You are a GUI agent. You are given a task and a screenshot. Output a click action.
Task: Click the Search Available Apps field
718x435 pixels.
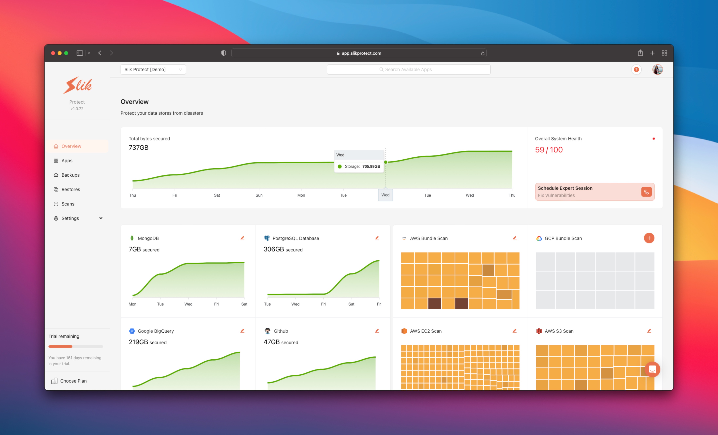[x=408, y=69]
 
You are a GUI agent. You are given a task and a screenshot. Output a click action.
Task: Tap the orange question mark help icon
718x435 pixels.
[x=636, y=69]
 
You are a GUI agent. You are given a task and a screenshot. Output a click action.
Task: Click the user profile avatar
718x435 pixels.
[x=657, y=69]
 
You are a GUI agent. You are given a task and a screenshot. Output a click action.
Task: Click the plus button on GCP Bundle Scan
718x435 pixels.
[x=649, y=238]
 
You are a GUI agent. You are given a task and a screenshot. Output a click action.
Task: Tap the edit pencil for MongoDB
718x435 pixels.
[x=242, y=238]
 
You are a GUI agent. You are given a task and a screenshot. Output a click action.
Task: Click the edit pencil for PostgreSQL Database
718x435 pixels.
[x=377, y=238]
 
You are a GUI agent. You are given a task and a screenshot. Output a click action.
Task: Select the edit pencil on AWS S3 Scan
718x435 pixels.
[x=649, y=331]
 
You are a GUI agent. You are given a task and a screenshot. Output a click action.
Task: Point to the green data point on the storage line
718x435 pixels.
[x=386, y=162]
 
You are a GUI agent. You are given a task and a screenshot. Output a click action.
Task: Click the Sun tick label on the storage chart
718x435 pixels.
[x=259, y=195]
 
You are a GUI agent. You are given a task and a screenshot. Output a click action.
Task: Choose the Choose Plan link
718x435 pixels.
[x=73, y=381]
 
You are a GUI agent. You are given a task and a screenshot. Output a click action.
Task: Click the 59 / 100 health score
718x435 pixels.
[x=549, y=150]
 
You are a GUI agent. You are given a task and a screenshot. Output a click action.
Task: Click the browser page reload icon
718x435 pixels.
[x=482, y=53]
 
